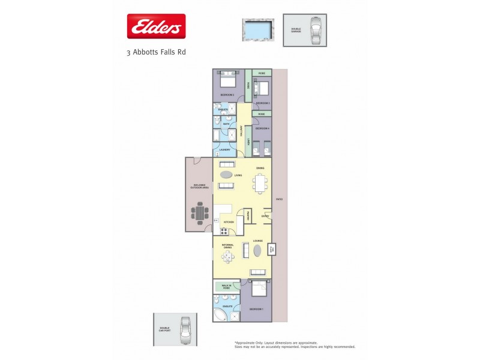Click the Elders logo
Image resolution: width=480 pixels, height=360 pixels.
(x=156, y=27)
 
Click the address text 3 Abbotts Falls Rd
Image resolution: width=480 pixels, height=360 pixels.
(x=156, y=52)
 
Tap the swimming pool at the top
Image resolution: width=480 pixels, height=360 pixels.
(x=258, y=28)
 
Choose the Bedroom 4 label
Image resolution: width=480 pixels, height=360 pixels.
(x=262, y=128)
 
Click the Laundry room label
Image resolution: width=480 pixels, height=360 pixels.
(x=225, y=150)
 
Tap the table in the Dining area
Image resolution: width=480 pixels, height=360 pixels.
(x=259, y=182)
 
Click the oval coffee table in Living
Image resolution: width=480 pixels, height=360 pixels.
(x=226, y=175)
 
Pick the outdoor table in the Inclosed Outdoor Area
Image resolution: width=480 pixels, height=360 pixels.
(x=200, y=212)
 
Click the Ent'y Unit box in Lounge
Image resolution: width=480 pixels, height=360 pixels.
(x=271, y=249)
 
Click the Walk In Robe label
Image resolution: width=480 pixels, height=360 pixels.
(x=227, y=287)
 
